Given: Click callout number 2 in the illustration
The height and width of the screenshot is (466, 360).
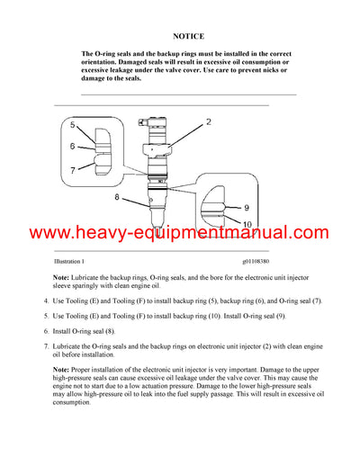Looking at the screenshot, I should (x=208, y=121).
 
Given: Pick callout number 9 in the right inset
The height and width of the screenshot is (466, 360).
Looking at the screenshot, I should (x=246, y=208).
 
